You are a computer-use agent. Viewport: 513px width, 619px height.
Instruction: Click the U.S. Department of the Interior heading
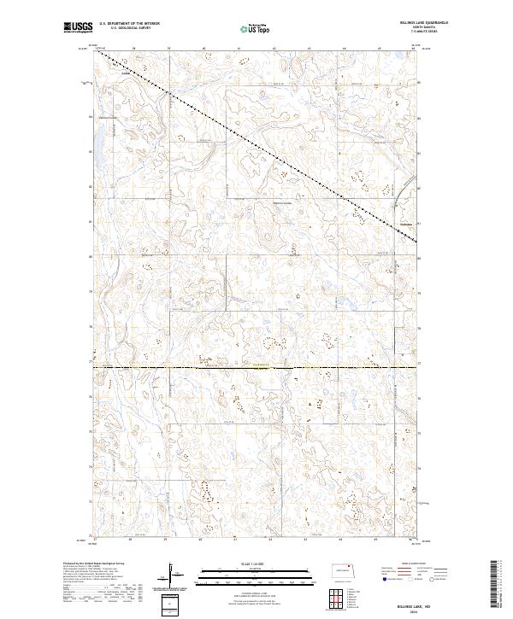135,24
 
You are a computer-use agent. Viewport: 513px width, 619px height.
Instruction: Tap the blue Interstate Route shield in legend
382,578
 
